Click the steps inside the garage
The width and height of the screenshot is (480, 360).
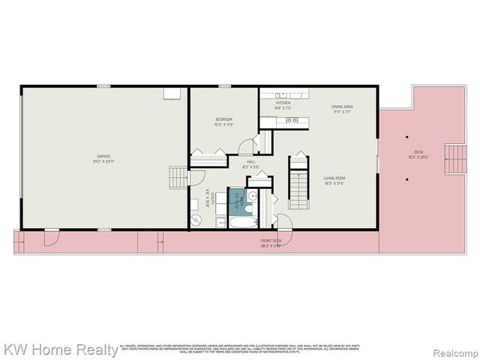pyautogui.click(x=178, y=177)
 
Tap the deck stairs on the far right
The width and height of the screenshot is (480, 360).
pyautogui.click(x=454, y=159)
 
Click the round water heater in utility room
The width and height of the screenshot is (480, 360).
pyautogui.click(x=196, y=220)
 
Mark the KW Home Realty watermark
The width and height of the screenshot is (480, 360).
pyautogui.click(x=60, y=349)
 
